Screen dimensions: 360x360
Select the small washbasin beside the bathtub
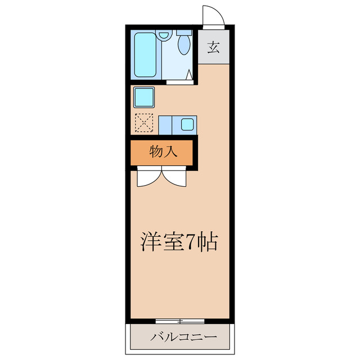point(164,35)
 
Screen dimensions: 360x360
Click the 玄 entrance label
point(213,48)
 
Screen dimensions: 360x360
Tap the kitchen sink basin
point(186,124)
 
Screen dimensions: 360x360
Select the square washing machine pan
point(144,97)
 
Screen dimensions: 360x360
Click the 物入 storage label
point(163,152)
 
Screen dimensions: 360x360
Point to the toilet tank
point(183,33)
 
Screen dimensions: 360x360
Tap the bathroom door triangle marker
point(191,74)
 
